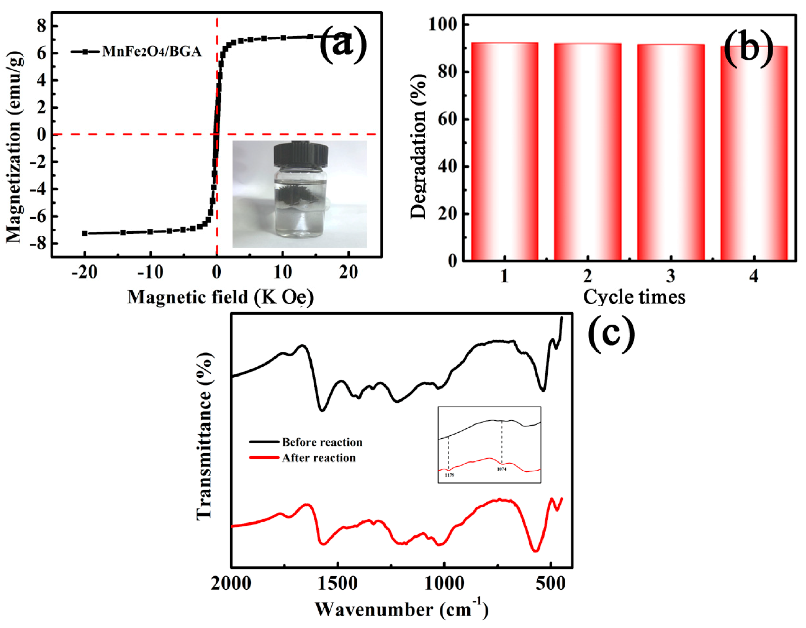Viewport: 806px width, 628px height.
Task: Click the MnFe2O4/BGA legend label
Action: tap(152, 52)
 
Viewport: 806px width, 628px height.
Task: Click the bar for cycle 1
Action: tap(504, 151)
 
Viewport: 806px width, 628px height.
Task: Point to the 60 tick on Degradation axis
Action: tap(448, 119)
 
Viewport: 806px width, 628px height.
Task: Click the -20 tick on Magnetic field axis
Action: tap(85, 273)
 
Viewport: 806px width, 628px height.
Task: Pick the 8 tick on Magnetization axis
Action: tap(42, 27)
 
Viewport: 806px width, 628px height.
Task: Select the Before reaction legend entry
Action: tap(322, 442)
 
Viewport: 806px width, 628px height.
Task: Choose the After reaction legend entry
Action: tap(318, 458)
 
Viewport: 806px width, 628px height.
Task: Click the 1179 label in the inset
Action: tap(449, 475)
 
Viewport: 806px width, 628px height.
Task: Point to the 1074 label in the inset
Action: tap(502, 469)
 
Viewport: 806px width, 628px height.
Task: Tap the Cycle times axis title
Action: tap(634, 297)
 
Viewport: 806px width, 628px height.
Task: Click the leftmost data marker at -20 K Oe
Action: tap(85, 233)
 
